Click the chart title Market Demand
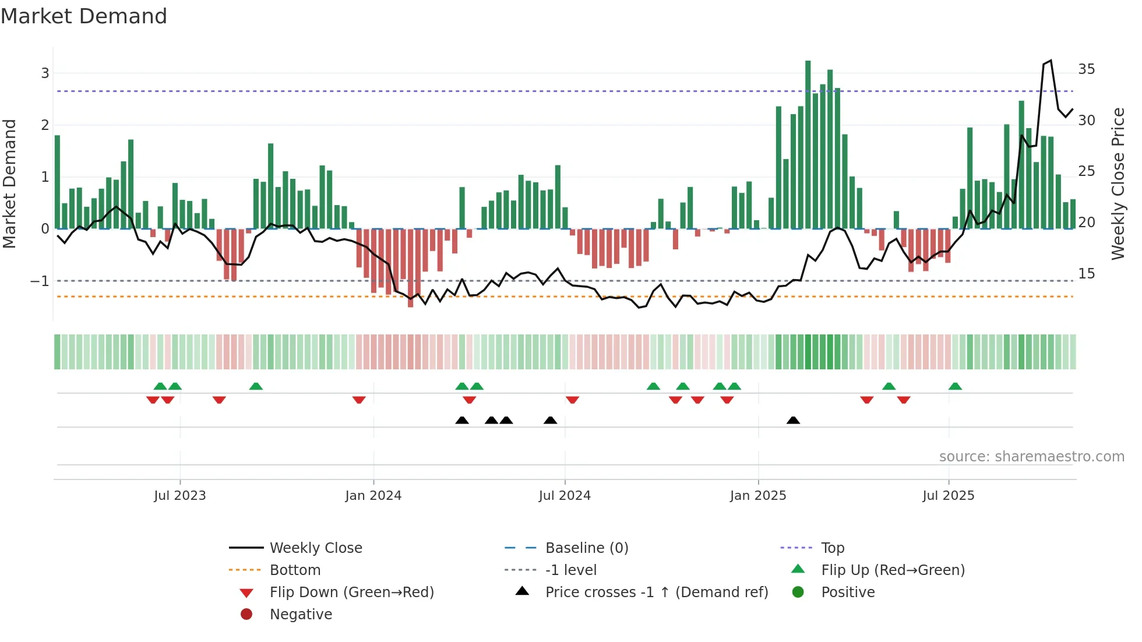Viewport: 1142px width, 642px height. (84, 16)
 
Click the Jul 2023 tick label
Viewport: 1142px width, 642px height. (180, 496)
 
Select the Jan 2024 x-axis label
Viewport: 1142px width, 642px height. (373, 496)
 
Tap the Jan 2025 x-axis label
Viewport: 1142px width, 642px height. (758, 496)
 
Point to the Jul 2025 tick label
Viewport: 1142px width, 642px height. (949, 496)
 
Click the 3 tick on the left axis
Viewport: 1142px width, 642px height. (45, 73)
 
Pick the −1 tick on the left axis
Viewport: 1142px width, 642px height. (40, 281)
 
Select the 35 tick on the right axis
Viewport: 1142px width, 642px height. (1086, 69)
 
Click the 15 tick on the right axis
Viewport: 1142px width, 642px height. (1086, 274)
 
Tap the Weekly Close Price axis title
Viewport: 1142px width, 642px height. (1118, 184)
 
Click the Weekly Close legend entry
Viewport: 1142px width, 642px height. (316, 548)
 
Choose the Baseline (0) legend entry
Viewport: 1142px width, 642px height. (587, 548)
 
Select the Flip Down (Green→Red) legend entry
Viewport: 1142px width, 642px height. (351, 592)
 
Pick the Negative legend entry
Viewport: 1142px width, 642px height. (301, 615)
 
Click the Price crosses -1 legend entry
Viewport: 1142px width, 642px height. (657, 592)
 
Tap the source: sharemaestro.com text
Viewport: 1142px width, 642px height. (1031, 457)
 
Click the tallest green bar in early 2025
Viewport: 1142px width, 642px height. (808, 146)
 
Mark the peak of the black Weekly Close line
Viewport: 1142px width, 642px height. (1051, 61)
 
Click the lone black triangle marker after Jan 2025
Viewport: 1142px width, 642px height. (793, 420)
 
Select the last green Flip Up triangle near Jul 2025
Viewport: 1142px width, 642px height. (955, 386)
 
